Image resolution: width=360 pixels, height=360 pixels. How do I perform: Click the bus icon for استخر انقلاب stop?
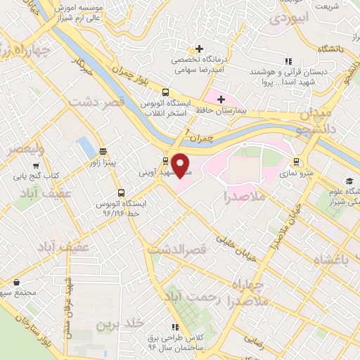(x=165, y=92)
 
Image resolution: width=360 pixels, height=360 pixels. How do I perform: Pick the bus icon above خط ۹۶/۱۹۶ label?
(x=122, y=192)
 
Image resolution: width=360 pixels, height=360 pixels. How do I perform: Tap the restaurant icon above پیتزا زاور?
(x=103, y=150)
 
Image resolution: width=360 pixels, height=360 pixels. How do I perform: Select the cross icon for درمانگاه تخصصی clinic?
(x=200, y=49)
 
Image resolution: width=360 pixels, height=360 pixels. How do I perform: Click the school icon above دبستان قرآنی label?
(x=288, y=61)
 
